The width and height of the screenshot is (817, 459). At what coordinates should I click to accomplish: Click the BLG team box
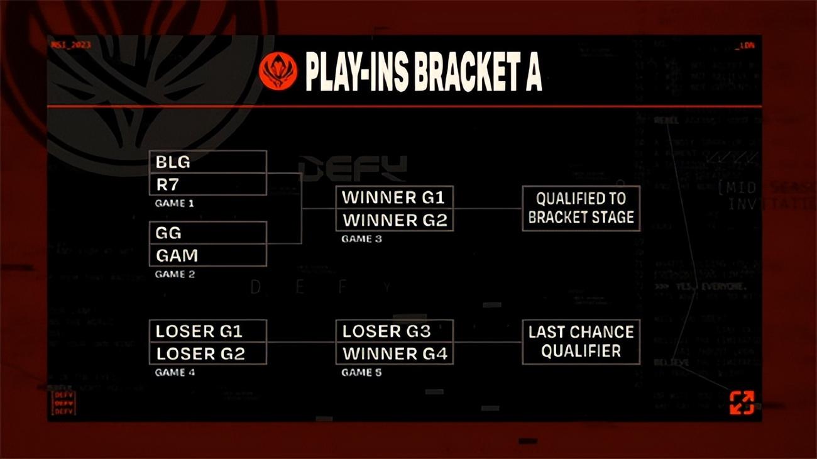click(207, 162)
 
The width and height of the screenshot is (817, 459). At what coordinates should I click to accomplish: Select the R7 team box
click(207, 184)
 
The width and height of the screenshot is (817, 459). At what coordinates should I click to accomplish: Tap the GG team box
click(207, 232)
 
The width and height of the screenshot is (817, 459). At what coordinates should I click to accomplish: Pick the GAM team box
click(207, 255)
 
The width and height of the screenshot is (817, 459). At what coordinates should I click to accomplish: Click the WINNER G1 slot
click(394, 197)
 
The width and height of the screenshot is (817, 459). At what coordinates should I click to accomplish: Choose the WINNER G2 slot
click(394, 220)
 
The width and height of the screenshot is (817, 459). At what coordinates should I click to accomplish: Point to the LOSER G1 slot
click(207, 331)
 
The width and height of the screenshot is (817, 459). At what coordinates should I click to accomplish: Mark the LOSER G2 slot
click(207, 353)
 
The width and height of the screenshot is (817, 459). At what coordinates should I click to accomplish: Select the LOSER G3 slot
click(394, 331)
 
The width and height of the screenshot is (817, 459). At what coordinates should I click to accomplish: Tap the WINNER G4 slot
click(394, 353)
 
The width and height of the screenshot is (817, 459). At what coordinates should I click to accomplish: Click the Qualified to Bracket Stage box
click(581, 208)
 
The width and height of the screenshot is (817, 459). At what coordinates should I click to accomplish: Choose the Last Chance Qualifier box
click(581, 341)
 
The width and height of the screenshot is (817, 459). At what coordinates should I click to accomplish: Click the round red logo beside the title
click(278, 70)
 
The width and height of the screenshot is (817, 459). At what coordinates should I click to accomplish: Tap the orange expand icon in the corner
click(742, 402)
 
